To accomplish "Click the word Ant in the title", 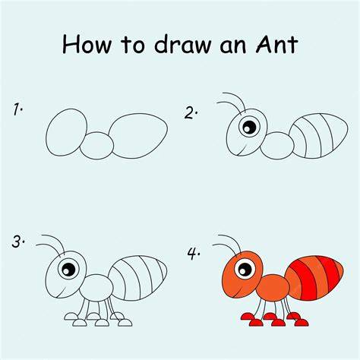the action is tap(276, 44).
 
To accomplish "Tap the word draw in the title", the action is tap(183, 44).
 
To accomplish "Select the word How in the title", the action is tap(87, 44).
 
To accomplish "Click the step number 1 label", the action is tap(17, 109).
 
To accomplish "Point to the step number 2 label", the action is tap(191, 113).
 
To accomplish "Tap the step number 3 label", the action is tap(18, 242).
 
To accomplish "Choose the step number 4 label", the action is tap(194, 254).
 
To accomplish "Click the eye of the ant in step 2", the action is tap(249, 126).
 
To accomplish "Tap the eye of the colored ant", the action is tap(245, 269).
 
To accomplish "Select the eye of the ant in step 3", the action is tap(68, 269).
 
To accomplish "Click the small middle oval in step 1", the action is tap(97, 146).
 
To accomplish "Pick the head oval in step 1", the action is tap(66, 132).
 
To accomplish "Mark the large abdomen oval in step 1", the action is tap(138, 136).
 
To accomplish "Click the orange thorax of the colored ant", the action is tap(273, 288).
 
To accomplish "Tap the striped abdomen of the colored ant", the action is tap(314, 278).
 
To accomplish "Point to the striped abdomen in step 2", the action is tap(318, 136).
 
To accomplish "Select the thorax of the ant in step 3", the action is tap(96, 288).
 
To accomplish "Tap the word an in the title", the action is tap(233, 46).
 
